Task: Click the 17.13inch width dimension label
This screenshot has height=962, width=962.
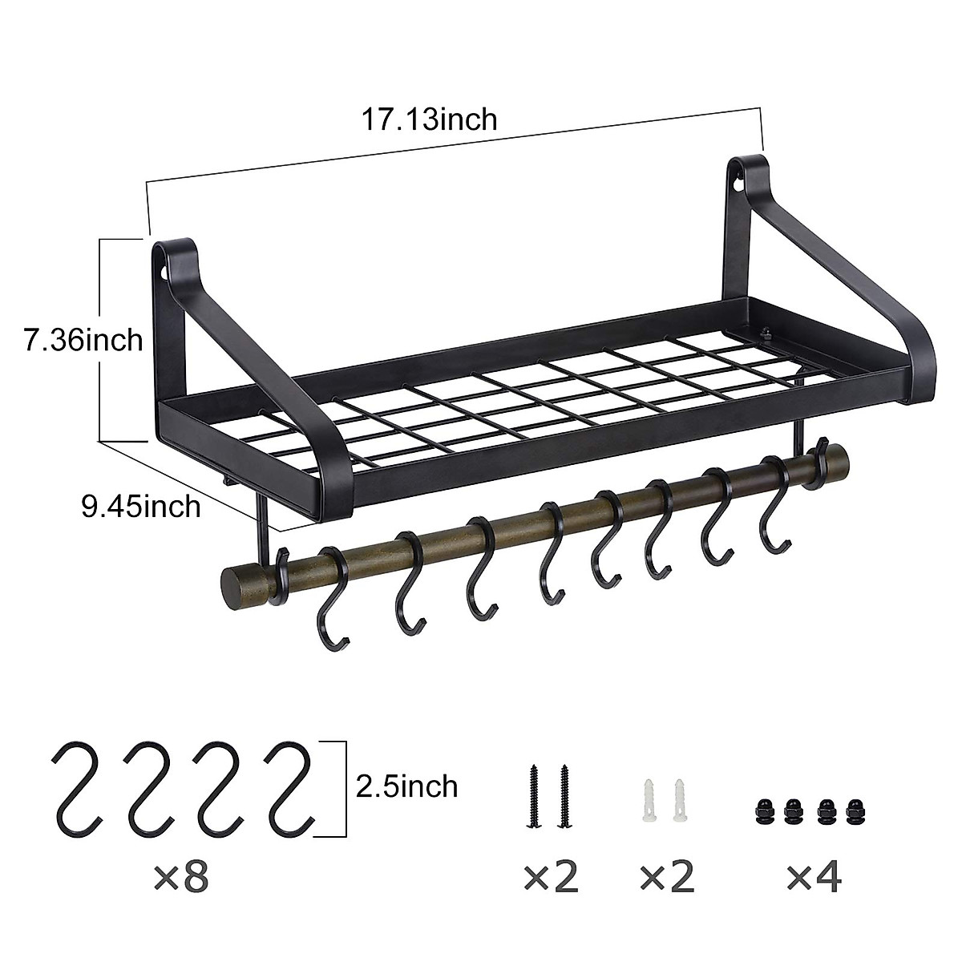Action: [429, 119]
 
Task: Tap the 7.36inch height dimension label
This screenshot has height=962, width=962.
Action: [83, 341]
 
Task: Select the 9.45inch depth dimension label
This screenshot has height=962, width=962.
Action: [140, 506]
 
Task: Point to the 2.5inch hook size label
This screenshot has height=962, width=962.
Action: [408, 786]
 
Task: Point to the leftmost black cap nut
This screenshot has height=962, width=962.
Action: [762, 812]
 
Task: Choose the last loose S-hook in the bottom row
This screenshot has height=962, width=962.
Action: [293, 786]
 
